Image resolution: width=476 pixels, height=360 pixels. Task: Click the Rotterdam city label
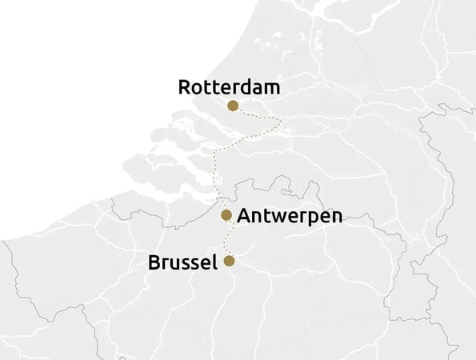point(229,87)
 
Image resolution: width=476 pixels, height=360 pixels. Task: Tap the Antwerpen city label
point(290,216)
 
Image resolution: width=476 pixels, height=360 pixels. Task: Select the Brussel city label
point(182,262)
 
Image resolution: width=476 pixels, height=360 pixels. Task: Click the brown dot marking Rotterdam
point(233,106)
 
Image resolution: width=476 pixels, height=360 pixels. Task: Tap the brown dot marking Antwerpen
point(226,214)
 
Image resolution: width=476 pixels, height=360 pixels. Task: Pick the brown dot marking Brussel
point(229,261)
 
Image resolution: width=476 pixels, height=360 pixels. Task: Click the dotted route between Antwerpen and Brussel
point(226,238)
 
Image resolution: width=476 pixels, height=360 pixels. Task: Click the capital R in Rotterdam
point(185,87)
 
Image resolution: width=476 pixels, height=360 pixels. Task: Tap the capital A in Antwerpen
point(245,216)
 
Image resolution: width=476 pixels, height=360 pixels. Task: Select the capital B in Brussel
point(154,262)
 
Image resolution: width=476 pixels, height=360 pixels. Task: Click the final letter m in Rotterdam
point(271,88)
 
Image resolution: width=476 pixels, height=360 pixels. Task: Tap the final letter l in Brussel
point(214,262)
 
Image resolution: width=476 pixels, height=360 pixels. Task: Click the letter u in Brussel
point(175,264)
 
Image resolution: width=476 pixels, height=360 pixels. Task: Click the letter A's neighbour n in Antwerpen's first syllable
point(259,217)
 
